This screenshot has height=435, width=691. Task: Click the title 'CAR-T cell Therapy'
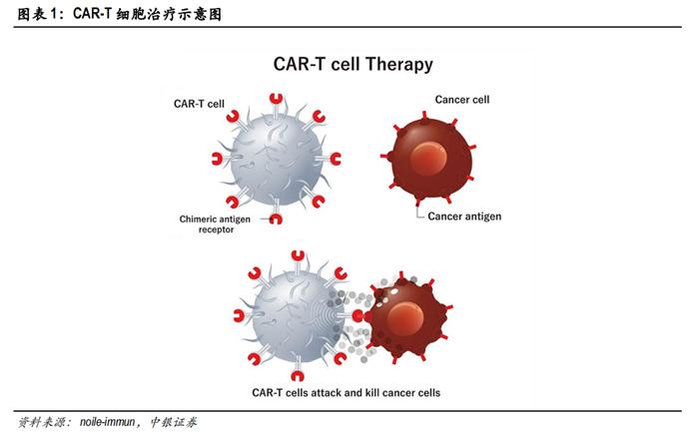pyautogui.click(x=352, y=65)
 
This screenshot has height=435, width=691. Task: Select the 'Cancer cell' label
pyautogui.click(x=461, y=100)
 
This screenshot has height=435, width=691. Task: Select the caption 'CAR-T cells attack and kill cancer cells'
pyautogui.click(x=345, y=392)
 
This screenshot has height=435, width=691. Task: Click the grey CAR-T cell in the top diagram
pyautogui.click(x=274, y=159)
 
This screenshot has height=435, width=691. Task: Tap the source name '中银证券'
pyautogui.click(x=178, y=422)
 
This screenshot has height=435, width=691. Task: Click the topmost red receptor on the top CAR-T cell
pyautogui.click(x=278, y=96)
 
